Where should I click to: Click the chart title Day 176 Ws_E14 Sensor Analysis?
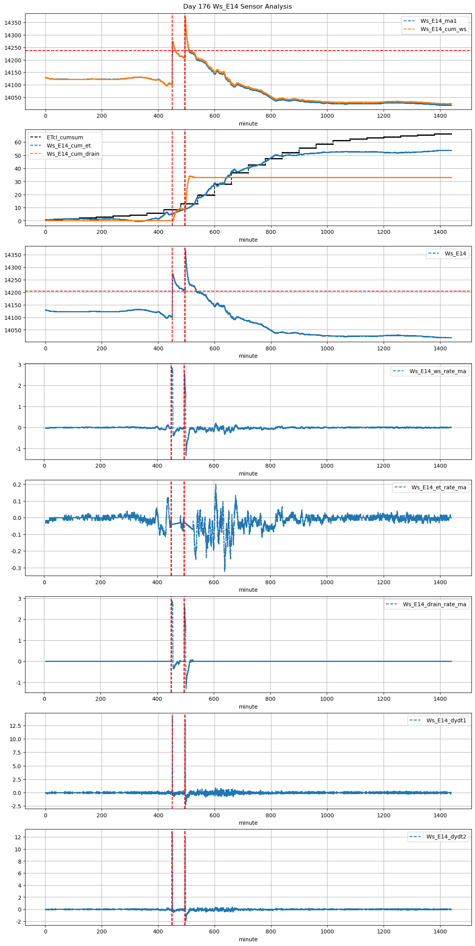pos(237,7)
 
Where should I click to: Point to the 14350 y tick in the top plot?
pos(13,23)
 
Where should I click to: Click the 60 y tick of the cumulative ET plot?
pos(18,142)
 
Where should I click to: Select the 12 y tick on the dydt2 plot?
pos(18,837)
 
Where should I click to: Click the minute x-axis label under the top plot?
pos(248,124)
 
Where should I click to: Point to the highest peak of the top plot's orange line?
pos(185,17)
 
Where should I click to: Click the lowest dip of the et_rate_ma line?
pos(225,571)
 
